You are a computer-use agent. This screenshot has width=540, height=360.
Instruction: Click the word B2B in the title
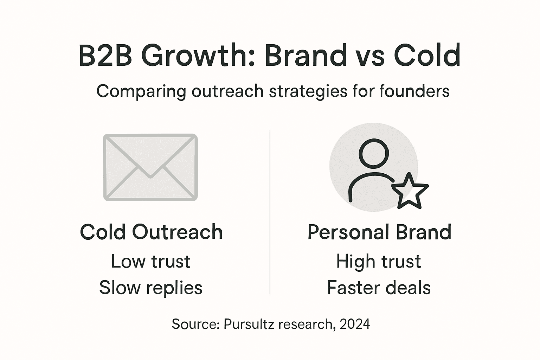click(x=105, y=56)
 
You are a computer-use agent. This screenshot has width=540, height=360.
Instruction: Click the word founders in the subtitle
click(x=414, y=91)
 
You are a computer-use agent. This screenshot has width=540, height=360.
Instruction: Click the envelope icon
click(x=150, y=167)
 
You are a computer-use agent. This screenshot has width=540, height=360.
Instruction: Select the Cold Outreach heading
click(x=152, y=232)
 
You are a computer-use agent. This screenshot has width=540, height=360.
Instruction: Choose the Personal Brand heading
click(x=379, y=232)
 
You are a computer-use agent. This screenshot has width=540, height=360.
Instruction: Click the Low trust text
click(x=150, y=261)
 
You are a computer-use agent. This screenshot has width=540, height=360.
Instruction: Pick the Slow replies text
click(x=150, y=288)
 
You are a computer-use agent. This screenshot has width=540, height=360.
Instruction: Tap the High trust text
click(x=379, y=261)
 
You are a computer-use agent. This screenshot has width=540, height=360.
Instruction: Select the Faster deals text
click(x=379, y=288)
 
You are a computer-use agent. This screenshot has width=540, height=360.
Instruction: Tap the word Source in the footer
click(x=195, y=324)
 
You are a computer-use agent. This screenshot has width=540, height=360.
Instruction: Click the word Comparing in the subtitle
click(x=141, y=91)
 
